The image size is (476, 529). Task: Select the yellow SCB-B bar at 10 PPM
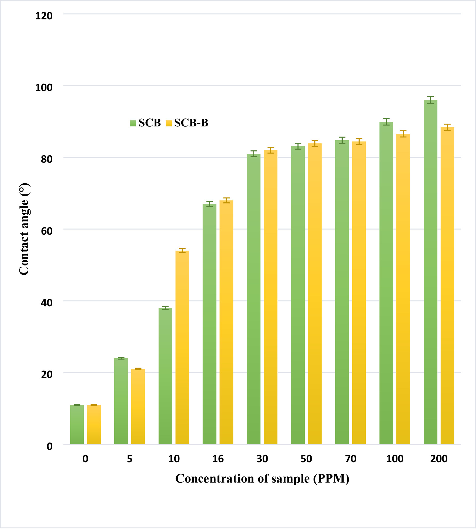[182, 348]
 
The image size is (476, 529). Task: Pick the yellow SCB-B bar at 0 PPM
[94, 424]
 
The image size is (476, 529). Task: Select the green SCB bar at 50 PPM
[298, 295]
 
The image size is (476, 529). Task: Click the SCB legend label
[150, 123]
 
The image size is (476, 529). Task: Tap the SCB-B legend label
[191, 123]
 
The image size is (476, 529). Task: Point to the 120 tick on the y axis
[44, 16]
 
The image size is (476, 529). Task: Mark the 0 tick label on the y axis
[50, 446]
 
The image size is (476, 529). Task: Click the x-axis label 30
[262, 459]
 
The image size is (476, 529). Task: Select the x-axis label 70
[351, 459]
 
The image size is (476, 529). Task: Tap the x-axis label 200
[439, 459]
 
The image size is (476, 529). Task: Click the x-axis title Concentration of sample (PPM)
[262, 479]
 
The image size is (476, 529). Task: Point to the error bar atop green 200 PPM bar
[430, 100]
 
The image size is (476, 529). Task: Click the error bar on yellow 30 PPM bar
[271, 150]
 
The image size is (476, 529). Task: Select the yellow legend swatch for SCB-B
[169, 123]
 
